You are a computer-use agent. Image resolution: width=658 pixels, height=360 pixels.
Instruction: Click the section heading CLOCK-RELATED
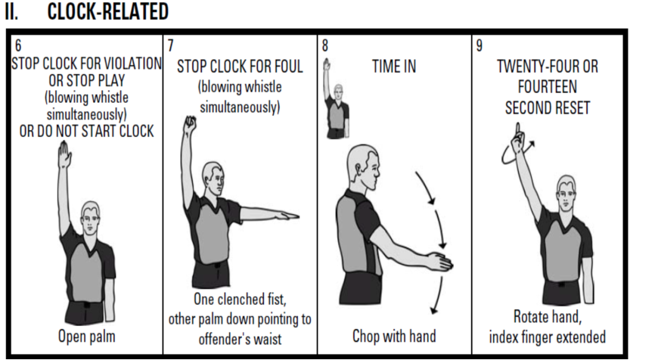(108, 11)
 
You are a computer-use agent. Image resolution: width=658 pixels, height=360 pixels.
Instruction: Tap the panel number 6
(18, 45)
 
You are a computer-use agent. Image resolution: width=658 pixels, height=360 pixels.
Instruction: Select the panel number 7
(170, 45)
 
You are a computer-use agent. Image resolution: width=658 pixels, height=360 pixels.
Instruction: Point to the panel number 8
(324, 45)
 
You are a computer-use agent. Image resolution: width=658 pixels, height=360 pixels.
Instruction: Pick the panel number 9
(480, 45)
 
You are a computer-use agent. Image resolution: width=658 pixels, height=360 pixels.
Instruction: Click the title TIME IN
(394, 67)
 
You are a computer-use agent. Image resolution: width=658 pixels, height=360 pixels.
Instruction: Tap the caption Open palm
(86, 336)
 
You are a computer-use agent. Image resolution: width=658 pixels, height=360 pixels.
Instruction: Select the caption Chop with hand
(394, 336)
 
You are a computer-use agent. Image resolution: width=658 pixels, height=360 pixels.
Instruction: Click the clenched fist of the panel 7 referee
(191, 123)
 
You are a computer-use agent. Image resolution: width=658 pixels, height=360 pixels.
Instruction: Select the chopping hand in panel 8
(441, 262)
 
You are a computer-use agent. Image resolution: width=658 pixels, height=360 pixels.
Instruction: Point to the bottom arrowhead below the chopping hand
(434, 311)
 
